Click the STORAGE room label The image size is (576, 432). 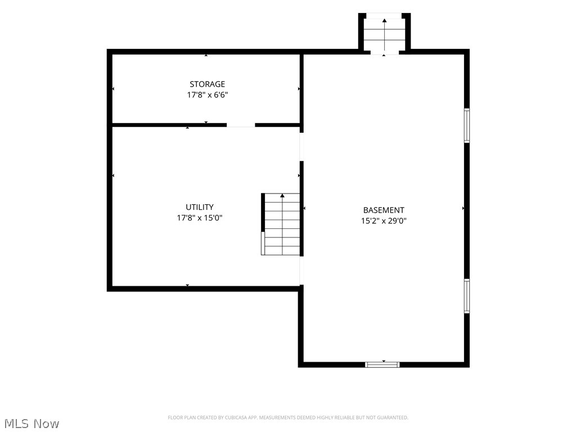point(207,84)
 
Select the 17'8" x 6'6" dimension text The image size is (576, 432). point(207,94)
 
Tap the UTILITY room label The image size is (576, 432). point(200,207)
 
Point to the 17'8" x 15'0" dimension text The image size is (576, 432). point(200,218)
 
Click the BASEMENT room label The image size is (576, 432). point(384,210)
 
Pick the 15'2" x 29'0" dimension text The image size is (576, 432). point(384,220)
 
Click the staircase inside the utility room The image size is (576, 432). point(281,224)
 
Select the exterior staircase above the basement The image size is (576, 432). point(384,34)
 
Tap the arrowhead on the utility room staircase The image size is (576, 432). point(282,196)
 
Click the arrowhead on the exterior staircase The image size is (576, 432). point(384,21)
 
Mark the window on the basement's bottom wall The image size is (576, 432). point(382,364)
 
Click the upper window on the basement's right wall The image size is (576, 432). point(466,125)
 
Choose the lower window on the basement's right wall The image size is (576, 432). point(466,296)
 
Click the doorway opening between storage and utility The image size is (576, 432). point(241,125)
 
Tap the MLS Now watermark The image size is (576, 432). point(31,424)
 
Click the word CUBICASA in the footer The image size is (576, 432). point(237,418)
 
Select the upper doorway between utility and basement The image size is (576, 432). point(301,147)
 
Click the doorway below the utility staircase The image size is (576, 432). point(301,271)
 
